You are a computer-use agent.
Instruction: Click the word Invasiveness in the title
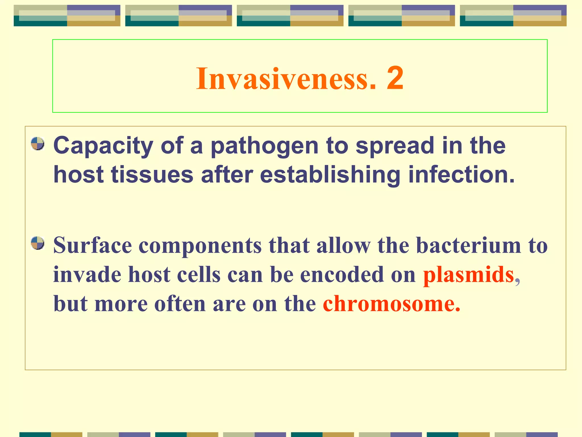286,78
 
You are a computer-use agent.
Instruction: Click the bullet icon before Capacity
38,144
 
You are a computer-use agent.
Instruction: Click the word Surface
93,245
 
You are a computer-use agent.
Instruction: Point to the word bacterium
469,245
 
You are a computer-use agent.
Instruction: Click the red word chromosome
391,304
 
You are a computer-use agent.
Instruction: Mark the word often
180,304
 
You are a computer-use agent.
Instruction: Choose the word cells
199,275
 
